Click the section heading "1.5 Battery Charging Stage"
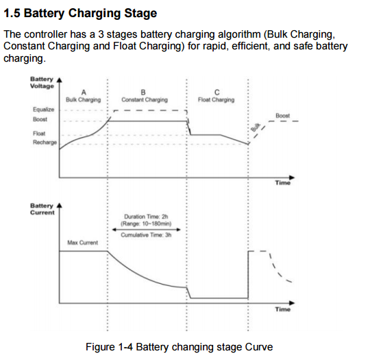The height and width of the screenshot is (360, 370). coord(80,13)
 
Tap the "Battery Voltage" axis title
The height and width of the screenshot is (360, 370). coord(42,83)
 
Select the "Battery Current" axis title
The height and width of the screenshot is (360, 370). coord(42,209)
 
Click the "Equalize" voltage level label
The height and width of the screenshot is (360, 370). coord(43,109)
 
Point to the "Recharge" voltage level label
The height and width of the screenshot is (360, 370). coord(45,142)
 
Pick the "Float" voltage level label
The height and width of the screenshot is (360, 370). coord(39,134)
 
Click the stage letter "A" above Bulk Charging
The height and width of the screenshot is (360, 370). coord(84,93)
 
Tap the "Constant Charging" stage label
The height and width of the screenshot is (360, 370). coord(145,99)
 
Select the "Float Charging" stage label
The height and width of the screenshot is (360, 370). coord(216,99)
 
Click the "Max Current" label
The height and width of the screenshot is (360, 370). coord(83,243)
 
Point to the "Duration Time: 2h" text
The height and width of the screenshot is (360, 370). coord(146,217)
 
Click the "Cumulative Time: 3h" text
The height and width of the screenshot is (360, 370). coord(146,235)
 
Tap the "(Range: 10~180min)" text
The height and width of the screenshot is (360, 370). coord(146,224)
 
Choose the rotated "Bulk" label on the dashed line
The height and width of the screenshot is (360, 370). coord(256,127)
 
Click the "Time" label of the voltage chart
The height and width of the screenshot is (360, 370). coord(283,182)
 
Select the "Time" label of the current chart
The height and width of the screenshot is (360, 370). coord(283,309)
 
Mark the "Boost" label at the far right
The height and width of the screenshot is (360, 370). coord(283,116)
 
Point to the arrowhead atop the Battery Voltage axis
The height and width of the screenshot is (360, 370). coord(60,80)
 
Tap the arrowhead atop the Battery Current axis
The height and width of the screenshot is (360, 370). coord(60,206)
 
